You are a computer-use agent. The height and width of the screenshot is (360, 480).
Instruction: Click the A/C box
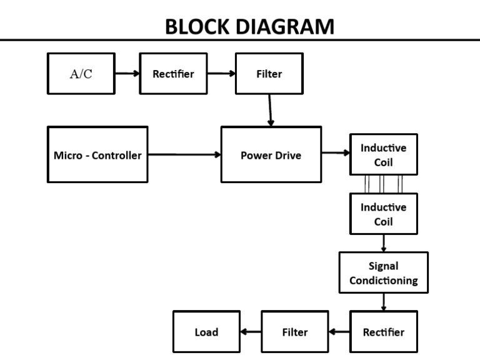click(81, 74)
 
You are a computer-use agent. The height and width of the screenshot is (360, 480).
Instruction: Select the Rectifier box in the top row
click(173, 74)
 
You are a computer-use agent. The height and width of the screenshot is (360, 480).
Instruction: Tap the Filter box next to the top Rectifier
click(269, 74)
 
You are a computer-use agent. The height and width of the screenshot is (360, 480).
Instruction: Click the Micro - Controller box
click(97, 155)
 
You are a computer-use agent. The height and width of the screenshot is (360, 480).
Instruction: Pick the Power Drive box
click(271, 155)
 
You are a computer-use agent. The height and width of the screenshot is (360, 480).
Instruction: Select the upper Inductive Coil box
click(383, 155)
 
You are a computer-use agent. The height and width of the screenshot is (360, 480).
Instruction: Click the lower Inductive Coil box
click(383, 214)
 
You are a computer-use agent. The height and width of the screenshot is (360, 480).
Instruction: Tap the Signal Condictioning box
click(383, 273)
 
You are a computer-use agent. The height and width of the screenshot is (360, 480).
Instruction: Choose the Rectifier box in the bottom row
click(383, 332)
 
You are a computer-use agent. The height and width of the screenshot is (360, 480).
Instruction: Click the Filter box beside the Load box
click(294, 332)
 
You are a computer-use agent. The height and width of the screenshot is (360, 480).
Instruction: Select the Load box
click(206, 332)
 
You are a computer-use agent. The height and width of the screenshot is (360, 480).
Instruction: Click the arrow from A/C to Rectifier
click(127, 74)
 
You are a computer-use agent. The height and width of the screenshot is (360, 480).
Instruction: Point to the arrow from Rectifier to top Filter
click(221, 74)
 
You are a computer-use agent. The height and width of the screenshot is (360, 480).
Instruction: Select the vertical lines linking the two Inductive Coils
click(383, 184)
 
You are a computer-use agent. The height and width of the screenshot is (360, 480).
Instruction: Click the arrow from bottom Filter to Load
click(251, 332)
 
